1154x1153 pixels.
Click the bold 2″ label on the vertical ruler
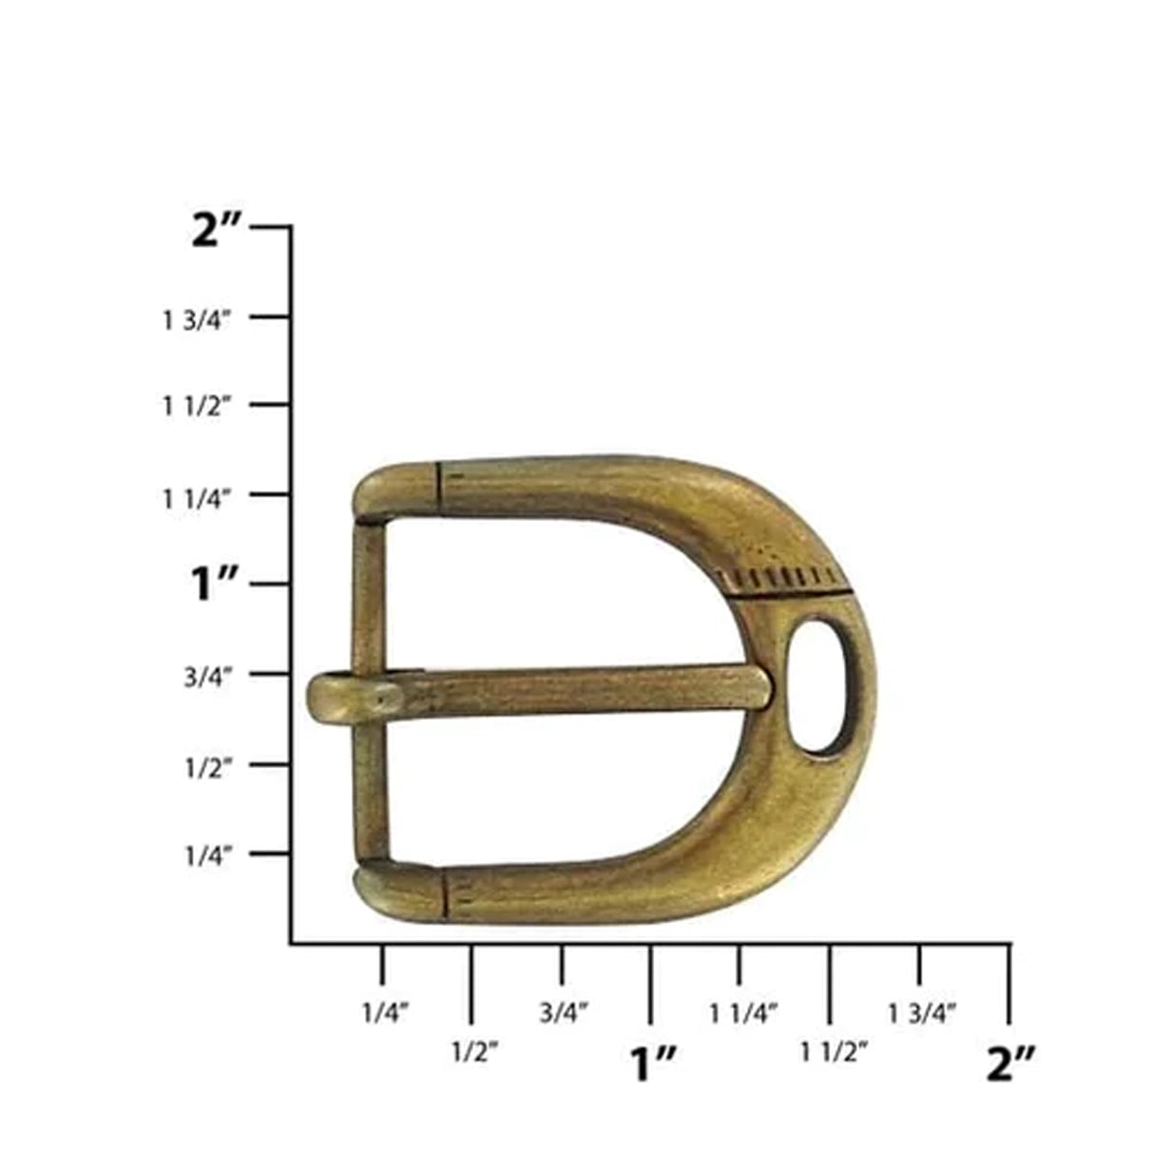[218, 230]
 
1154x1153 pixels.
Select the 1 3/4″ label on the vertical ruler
[197, 320]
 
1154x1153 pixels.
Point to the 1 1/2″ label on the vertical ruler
[197, 407]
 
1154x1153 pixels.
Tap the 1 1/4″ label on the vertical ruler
[197, 497]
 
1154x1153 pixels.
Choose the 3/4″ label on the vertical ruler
[207, 677]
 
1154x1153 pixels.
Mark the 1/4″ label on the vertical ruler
[207, 855]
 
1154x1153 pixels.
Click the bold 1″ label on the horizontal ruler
[652, 1064]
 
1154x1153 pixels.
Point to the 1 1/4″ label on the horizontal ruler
[743, 1013]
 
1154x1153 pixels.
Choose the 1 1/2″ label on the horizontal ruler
[834, 1052]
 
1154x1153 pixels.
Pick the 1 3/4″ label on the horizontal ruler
[922, 1013]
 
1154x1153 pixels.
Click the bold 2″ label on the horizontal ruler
[1010, 1064]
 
